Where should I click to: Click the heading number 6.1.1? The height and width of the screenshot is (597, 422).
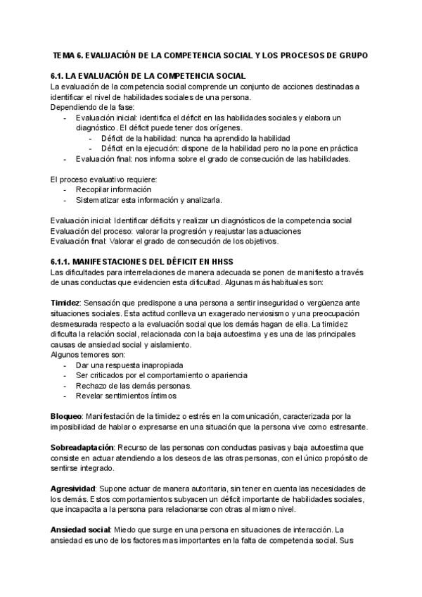click(x=62, y=261)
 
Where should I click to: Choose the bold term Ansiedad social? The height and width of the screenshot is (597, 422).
click(x=81, y=529)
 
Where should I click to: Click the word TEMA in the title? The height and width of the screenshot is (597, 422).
click(x=67, y=54)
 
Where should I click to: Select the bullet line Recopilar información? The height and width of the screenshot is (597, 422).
click(x=113, y=190)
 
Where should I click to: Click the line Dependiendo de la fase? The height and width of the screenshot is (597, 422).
click(x=86, y=107)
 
